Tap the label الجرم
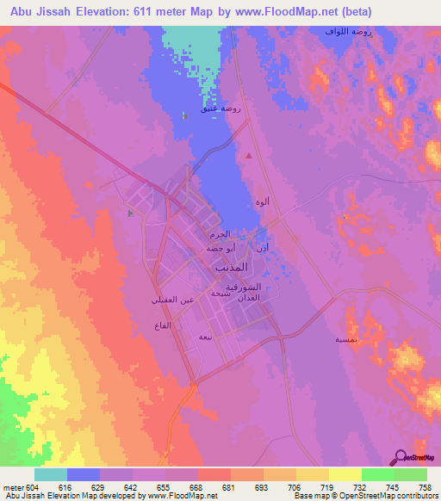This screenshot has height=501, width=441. coord(219,234)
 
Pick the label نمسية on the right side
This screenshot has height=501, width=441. coord(324,339)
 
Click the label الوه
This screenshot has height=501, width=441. coord(262,201)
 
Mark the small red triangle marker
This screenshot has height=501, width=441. coord(249,156)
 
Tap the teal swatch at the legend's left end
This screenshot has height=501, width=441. coord(50,474)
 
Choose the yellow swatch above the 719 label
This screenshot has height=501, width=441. coord(311,474)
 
